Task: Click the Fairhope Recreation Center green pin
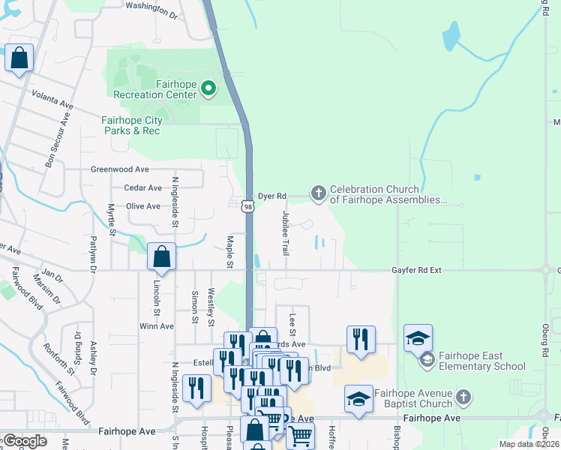pos(208,89)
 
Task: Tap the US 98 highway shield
pos(247,205)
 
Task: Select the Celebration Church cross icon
pos(318,194)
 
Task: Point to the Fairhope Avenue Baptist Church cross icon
pos(464,396)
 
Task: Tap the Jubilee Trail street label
pos(285,232)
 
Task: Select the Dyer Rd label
pos(272,196)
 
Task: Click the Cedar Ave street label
pos(142,187)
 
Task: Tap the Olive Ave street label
pos(142,206)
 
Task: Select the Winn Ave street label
pos(156,326)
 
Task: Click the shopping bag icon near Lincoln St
pos(162,257)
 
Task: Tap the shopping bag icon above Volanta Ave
pos(19,58)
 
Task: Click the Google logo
pos(25,441)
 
